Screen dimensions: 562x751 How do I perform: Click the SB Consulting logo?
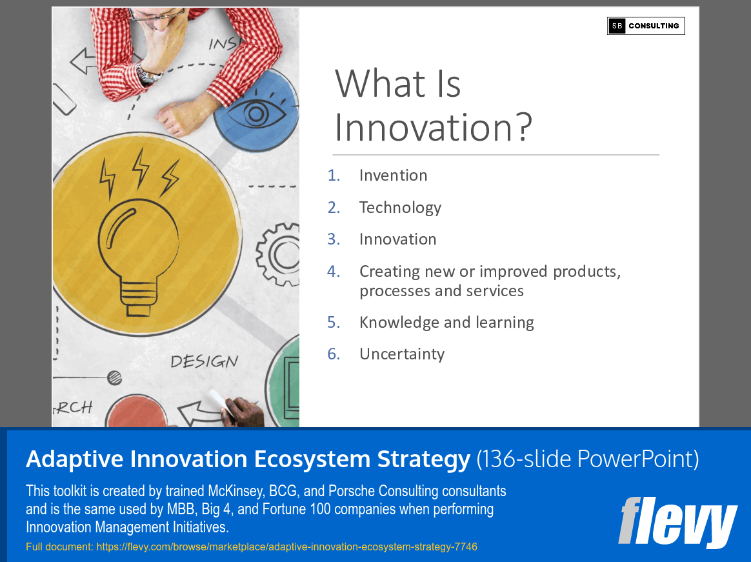[646, 26]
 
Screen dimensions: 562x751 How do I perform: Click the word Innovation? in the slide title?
[433, 127]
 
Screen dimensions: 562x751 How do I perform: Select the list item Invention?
[393, 176]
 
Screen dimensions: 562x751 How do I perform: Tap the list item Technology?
[400, 207]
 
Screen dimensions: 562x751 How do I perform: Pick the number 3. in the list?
[333, 239]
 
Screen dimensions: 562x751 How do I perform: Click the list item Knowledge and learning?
[446, 322]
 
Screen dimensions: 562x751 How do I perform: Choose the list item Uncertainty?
[401, 354]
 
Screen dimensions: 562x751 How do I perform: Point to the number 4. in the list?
[333, 271]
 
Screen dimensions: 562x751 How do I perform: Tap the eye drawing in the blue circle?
[255, 114]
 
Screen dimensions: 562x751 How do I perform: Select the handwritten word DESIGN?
[204, 361]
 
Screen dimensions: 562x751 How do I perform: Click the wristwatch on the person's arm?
[148, 75]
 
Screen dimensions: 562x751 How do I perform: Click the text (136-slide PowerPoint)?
[587, 459]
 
